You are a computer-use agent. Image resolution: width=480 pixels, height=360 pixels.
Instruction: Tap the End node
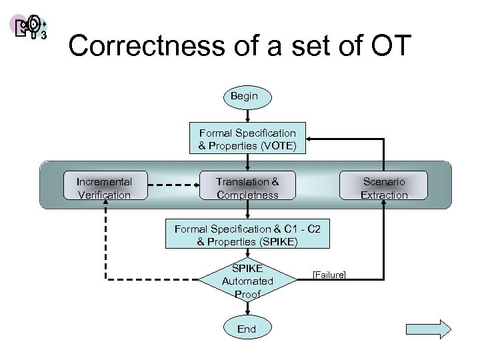coord(247,329)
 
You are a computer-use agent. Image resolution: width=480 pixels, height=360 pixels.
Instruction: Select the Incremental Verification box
coord(104,188)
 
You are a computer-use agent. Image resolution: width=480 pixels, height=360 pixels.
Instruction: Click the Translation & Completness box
coord(247,188)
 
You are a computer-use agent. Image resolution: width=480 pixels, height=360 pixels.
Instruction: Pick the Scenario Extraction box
coord(384,188)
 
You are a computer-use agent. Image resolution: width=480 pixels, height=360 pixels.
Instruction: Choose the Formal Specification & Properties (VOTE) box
coord(247,139)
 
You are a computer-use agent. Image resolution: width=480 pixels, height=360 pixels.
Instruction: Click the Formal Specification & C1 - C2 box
coord(247,235)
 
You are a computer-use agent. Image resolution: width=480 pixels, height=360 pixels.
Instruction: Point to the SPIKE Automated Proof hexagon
coord(247,281)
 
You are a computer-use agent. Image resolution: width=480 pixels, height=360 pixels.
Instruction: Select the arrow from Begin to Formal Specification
coord(247,115)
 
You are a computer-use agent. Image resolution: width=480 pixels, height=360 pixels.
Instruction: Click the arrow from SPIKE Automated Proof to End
coord(247,308)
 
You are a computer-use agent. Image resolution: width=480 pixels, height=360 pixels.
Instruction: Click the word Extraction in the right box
coord(384,195)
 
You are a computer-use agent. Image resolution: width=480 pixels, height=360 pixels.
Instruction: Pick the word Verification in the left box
coord(104,195)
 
